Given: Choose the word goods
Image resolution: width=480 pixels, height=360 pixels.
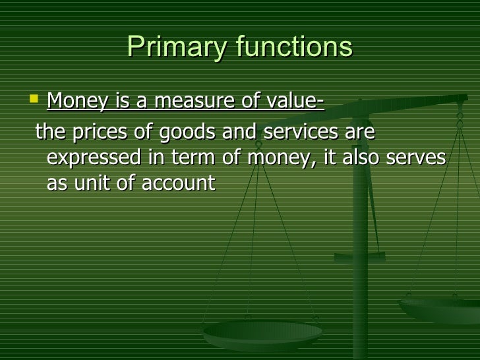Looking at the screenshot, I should pos(182,133).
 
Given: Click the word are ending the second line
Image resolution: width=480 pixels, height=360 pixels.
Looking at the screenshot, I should pos(360,133).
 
